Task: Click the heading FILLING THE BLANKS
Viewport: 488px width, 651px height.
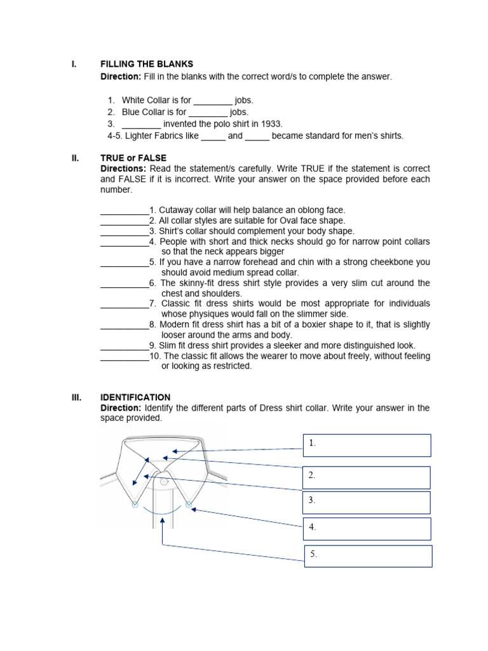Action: (147, 64)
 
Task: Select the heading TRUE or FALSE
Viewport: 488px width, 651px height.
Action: (133, 158)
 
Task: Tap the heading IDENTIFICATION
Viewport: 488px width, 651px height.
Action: (135, 397)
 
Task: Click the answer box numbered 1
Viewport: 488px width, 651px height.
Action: (367, 445)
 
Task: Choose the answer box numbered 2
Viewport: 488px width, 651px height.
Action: (367, 477)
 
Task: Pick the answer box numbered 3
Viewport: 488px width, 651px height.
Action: (367, 502)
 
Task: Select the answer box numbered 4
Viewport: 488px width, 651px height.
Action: (367, 528)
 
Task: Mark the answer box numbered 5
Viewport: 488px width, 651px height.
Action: (368, 556)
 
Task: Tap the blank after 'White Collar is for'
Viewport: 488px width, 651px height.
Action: (213, 100)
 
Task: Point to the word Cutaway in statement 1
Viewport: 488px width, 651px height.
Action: (175, 210)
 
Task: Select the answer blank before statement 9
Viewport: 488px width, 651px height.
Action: (125, 346)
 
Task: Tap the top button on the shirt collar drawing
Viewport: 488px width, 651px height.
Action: (164, 482)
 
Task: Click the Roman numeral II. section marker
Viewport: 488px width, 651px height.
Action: (74, 158)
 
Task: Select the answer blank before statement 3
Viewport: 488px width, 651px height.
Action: (125, 231)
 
